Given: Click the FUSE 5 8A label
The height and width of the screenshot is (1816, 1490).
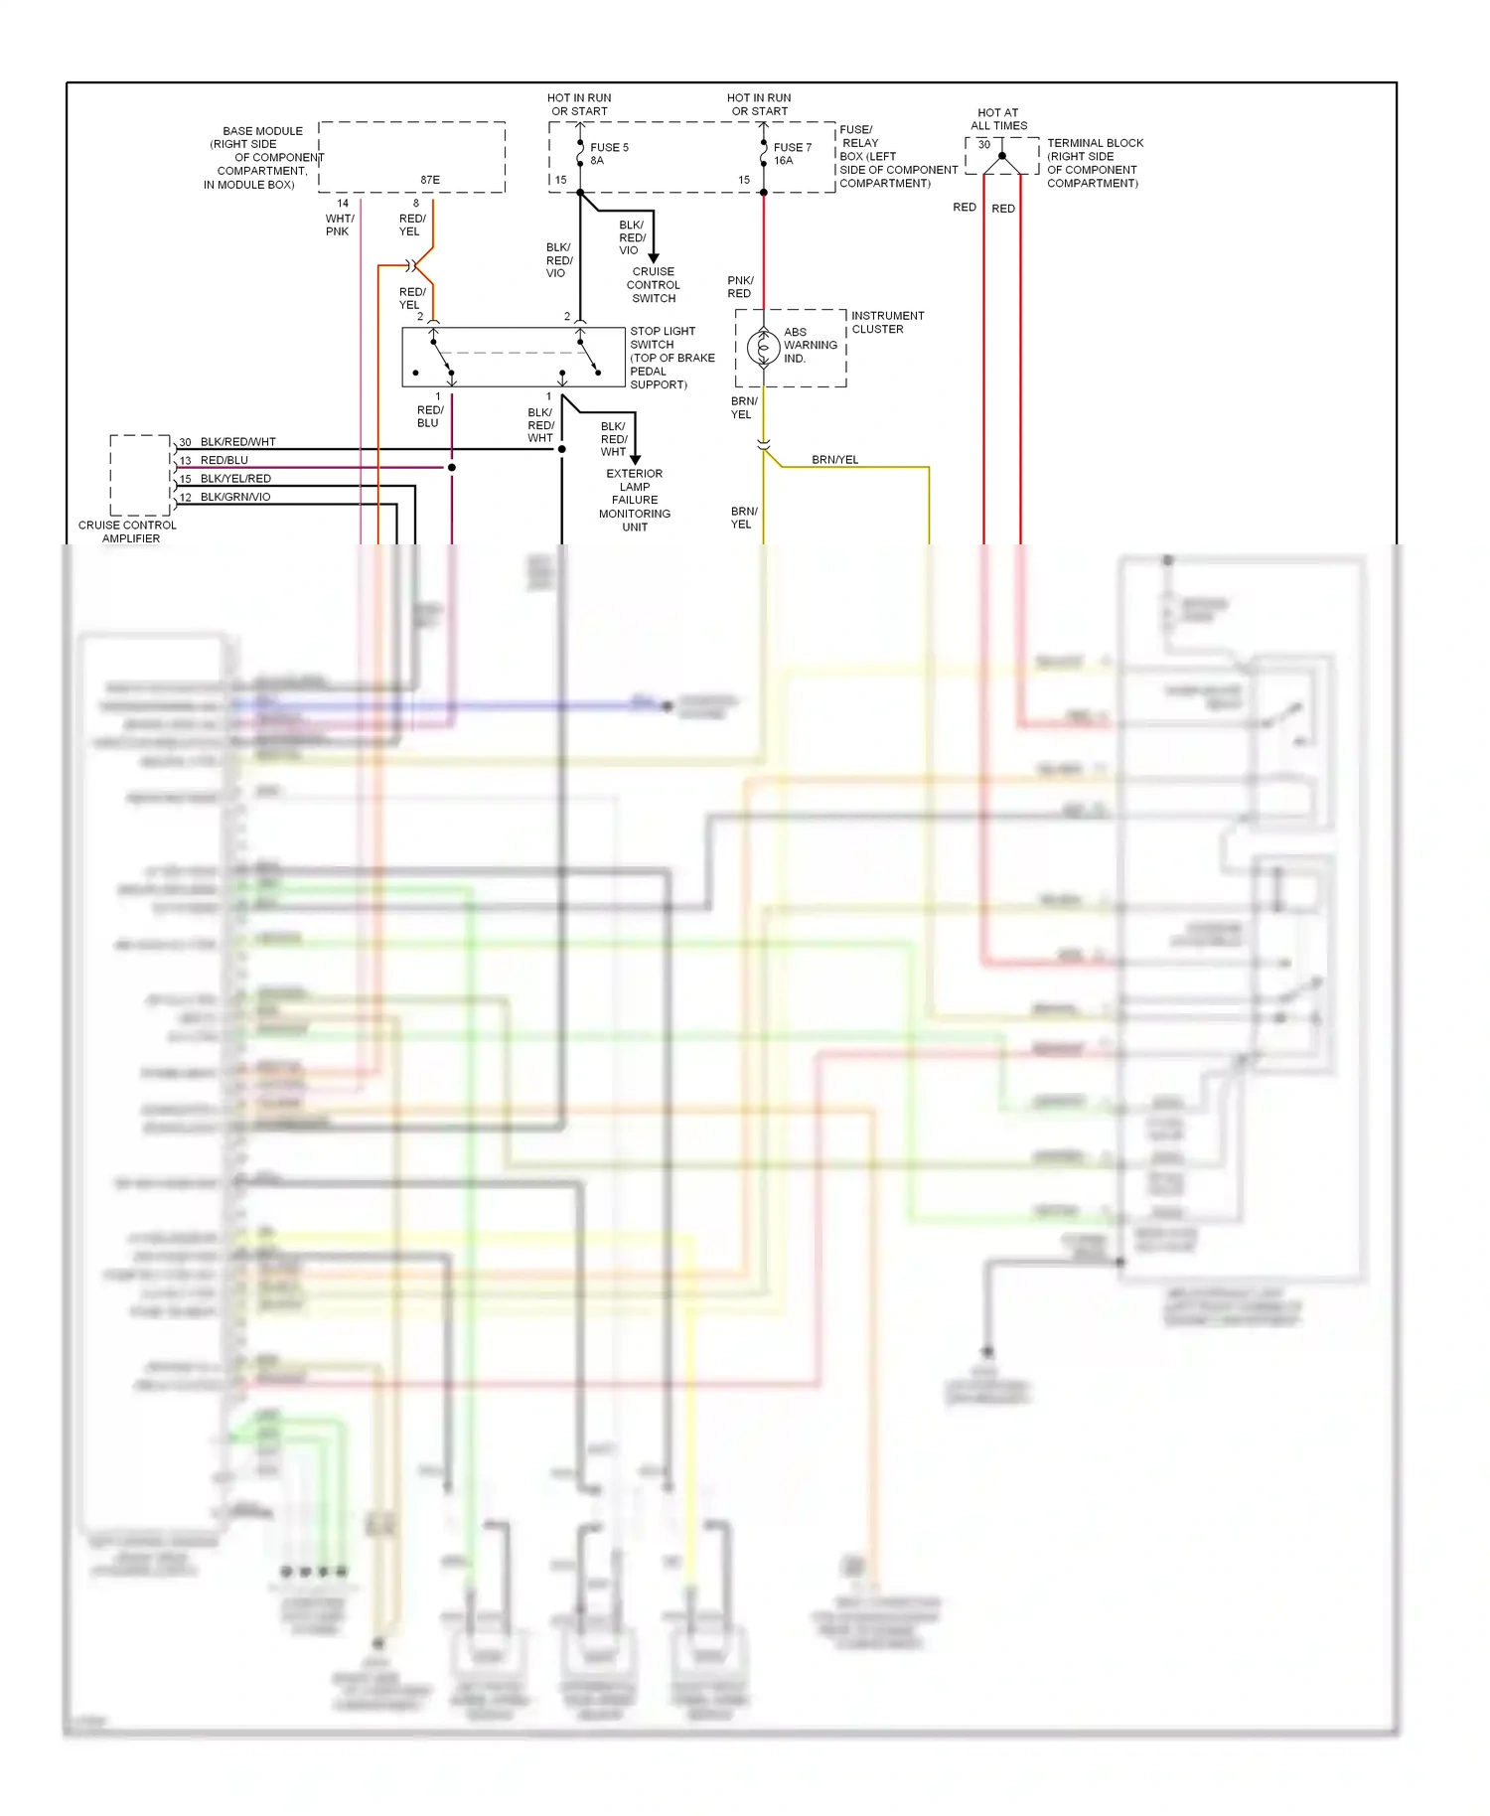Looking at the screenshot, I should tap(608, 154).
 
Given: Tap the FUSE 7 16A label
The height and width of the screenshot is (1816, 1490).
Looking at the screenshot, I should tap(792, 154).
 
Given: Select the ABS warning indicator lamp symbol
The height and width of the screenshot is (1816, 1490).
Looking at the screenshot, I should tap(763, 348).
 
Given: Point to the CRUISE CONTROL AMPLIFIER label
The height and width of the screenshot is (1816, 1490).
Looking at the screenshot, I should tap(128, 531).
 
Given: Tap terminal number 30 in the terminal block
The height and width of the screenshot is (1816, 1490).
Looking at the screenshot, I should tap(983, 145).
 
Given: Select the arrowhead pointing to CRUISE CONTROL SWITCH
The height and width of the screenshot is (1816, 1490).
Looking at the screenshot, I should tap(654, 258).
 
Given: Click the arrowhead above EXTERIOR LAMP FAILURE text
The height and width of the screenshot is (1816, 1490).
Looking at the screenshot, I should tap(636, 460).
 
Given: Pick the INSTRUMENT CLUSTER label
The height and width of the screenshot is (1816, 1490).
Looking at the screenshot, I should tap(887, 322).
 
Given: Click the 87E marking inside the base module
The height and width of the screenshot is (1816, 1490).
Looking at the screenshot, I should tap(429, 181).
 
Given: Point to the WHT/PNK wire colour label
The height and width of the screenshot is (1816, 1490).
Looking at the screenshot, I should tap(339, 225).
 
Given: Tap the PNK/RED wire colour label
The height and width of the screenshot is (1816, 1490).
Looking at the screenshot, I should tap(740, 287).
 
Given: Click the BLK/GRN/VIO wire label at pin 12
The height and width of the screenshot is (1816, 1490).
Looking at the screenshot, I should tap(235, 497).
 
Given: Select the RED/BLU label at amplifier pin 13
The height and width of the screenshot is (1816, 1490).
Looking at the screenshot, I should tap(224, 460).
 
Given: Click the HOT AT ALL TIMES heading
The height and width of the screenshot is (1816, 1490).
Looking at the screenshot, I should tap(998, 119).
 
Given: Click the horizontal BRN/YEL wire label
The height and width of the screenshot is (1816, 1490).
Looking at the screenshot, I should tap(834, 460).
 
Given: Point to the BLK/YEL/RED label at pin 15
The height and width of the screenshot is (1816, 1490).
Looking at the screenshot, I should tap(235, 479).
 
